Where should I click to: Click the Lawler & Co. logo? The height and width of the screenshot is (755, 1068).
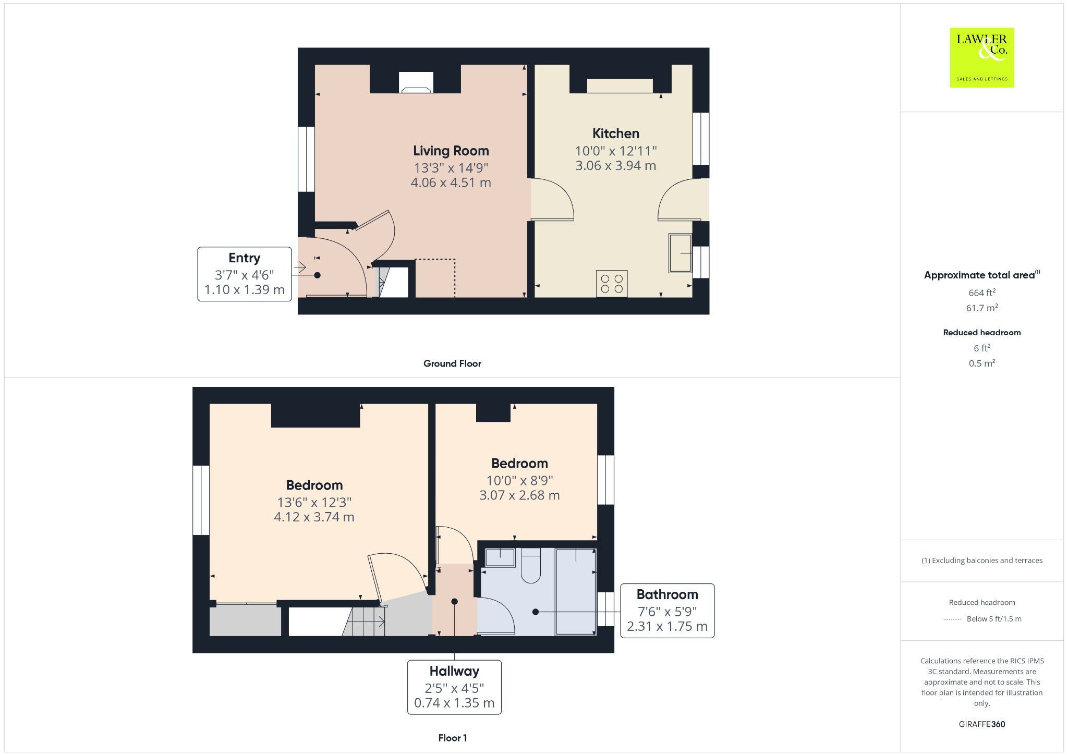click(981, 57)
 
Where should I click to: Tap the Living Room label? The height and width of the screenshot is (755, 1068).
click(451, 151)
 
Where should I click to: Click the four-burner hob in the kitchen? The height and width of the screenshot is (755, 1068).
click(612, 284)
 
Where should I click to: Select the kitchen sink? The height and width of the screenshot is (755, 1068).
click(680, 253)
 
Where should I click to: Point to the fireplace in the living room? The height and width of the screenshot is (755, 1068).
click(416, 82)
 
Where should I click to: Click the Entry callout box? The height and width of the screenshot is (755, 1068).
click(244, 274)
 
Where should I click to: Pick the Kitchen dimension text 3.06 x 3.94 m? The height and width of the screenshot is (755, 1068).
click(615, 166)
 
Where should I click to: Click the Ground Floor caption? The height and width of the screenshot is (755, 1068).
click(452, 363)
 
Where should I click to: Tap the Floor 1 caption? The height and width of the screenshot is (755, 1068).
click(452, 738)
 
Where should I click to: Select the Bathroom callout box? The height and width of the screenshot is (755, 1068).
click(667, 611)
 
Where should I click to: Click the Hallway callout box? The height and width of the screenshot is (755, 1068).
click(454, 687)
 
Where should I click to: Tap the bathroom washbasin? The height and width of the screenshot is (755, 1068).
click(500, 557)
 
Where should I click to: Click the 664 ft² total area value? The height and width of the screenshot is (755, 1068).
click(981, 293)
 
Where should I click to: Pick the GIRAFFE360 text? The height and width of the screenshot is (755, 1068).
click(981, 724)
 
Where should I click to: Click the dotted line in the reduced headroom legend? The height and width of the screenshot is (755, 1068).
click(952, 619)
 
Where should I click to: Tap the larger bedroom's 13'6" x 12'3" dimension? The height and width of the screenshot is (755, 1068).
click(314, 502)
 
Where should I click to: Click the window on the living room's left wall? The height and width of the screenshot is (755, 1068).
click(306, 159)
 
